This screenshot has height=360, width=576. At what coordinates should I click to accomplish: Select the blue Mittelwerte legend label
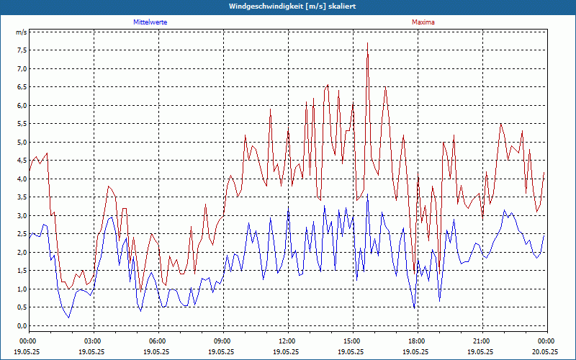tap(150, 22)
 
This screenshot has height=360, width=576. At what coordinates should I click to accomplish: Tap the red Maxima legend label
tap(423, 22)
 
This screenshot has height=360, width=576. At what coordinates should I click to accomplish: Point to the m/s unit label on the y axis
tap(21, 32)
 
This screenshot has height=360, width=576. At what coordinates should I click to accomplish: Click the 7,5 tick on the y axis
tap(21, 50)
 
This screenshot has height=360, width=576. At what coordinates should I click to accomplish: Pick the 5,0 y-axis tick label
tap(21, 142)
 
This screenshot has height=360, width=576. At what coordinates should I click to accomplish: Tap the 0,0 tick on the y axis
tap(21, 325)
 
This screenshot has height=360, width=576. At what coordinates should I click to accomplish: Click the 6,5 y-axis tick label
tap(21, 87)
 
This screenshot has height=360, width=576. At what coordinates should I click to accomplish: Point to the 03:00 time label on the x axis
tap(93, 341)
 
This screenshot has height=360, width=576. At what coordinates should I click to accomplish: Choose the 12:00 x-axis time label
tap(287, 341)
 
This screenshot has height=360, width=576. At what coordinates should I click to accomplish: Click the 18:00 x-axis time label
tap(417, 341)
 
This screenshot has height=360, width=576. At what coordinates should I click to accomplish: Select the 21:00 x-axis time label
tap(482, 341)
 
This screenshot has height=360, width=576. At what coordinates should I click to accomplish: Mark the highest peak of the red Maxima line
tap(368, 43)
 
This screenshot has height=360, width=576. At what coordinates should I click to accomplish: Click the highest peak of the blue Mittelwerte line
tap(367, 194)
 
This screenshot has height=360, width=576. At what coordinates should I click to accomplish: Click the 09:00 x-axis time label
tap(222, 341)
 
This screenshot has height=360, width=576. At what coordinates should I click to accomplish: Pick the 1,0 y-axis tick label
tap(21, 289)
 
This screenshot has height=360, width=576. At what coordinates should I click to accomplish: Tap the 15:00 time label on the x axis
tap(352, 341)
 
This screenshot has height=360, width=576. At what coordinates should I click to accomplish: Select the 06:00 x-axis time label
tap(158, 341)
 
